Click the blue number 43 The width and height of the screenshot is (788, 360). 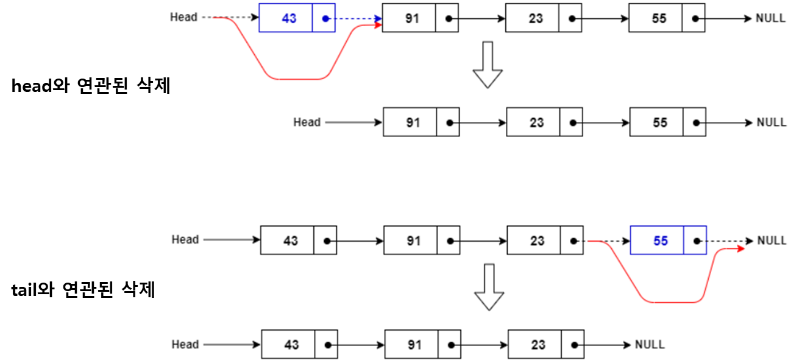[289, 18]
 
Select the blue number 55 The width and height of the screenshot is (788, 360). [661, 241]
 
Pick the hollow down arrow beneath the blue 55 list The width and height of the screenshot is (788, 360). [489, 287]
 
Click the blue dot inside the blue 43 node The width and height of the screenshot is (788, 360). [325, 18]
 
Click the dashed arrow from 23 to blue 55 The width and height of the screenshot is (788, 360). [607, 241]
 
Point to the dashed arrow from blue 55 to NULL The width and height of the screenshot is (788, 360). [728, 241]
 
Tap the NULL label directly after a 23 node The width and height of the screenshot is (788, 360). [650, 345]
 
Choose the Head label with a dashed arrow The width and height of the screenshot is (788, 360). [183, 17]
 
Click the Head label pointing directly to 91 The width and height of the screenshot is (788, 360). [307, 122]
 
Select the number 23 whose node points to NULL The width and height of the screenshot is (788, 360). [538, 345]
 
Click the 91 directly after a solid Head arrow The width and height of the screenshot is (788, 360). [413, 122]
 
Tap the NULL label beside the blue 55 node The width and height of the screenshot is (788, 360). [772, 241]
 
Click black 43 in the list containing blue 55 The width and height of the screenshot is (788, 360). [290, 241]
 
